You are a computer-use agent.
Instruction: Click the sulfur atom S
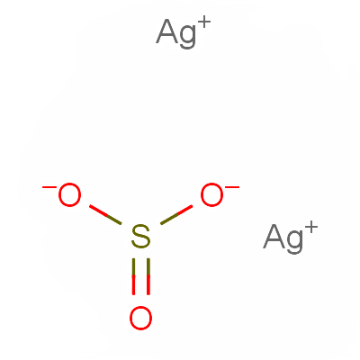(x=140, y=237)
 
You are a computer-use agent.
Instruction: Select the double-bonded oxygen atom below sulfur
(x=140, y=318)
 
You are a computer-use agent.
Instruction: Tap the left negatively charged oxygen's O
(x=69, y=194)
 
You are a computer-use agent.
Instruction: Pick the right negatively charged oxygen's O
(x=211, y=194)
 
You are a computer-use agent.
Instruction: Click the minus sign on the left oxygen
(x=49, y=187)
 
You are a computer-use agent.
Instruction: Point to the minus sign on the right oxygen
(x=232, y=187)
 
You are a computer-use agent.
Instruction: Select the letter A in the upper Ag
(x=167, y=31)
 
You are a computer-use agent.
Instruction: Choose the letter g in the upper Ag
(x=188, y=37)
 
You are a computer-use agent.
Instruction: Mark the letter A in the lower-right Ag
(x=274, y=237)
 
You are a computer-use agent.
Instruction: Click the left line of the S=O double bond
(x=133, y=276)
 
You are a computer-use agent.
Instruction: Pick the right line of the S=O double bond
(x=148, y=276)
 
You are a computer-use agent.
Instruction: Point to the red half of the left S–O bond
(x=98, y=211)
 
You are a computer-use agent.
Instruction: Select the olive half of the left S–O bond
(x=114, y=220)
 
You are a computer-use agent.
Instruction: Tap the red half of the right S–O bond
(x=184, y=211)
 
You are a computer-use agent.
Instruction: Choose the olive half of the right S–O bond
(x=168, y=220)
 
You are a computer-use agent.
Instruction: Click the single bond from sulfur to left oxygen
(x=105, y=214)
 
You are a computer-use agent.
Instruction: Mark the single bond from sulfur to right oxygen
(x=176, y=214)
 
